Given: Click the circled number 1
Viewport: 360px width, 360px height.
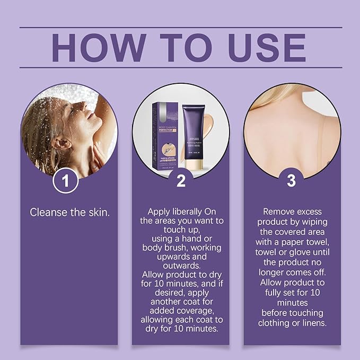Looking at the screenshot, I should (66, 181).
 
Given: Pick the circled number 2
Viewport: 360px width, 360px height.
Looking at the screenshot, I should (181, 181).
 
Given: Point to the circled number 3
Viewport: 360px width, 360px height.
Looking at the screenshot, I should (291, 181).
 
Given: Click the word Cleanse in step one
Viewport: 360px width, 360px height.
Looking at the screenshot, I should (49, 212).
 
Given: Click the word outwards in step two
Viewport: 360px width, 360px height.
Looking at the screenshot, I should (181, 265).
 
